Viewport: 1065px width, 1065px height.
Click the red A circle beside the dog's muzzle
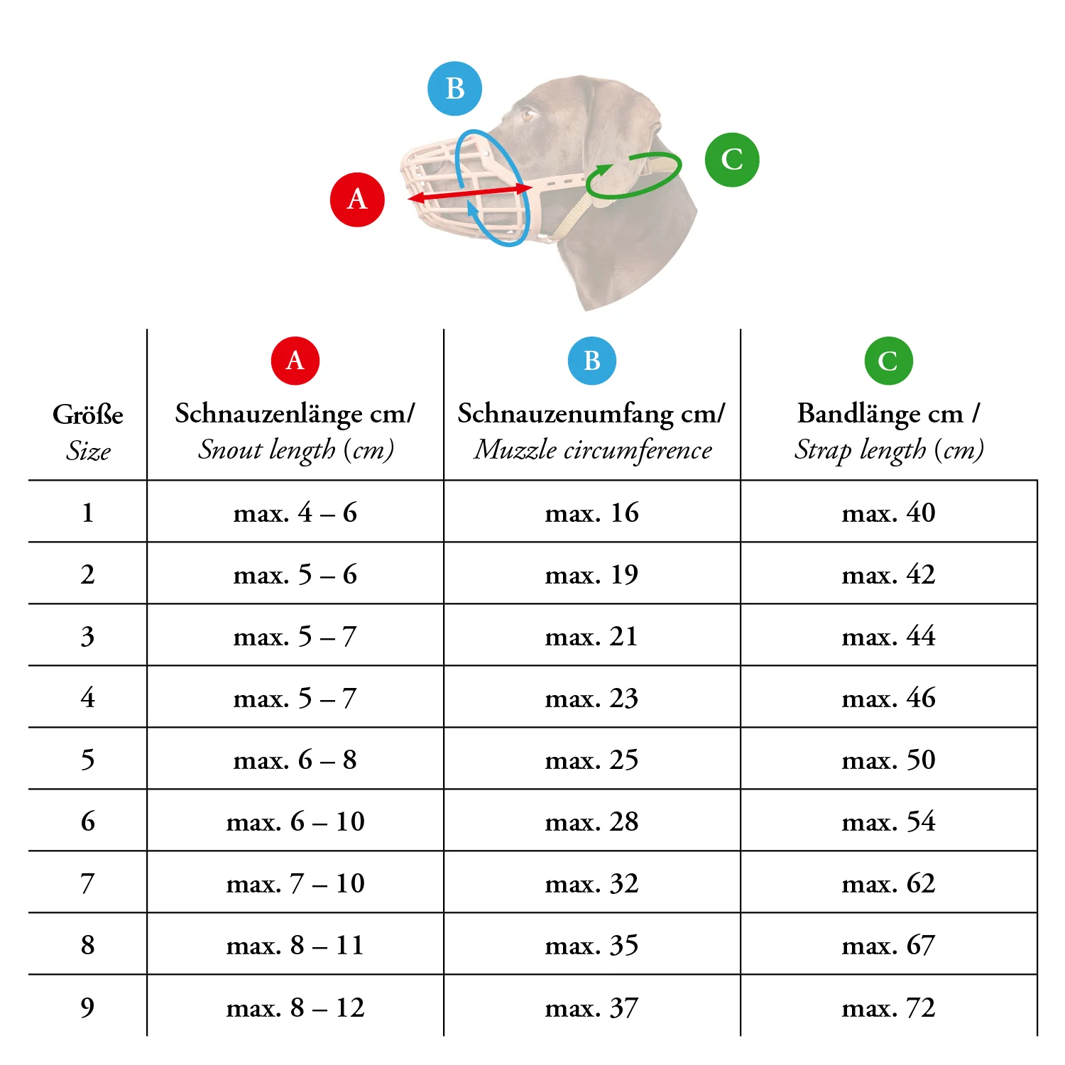357,200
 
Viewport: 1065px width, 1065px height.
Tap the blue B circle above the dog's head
454,89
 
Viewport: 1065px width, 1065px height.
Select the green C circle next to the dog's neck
732,160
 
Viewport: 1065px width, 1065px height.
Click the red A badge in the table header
295,361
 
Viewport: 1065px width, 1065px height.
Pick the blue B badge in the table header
592,361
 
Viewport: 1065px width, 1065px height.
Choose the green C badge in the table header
888,361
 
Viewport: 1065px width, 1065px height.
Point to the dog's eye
529,114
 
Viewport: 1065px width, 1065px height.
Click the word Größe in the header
88,415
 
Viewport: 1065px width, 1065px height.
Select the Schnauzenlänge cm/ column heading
295,413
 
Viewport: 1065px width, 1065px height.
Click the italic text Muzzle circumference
592,449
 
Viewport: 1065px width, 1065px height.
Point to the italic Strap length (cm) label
888,449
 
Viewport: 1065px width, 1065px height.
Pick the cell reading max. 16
592,513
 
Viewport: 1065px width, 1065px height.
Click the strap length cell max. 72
888,1007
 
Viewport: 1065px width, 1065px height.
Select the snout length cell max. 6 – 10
295,821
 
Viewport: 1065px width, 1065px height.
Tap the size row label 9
87,1007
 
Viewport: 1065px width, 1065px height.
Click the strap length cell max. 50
888,760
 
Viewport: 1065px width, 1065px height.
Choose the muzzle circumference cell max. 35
592,946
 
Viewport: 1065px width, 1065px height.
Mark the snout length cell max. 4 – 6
295,513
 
